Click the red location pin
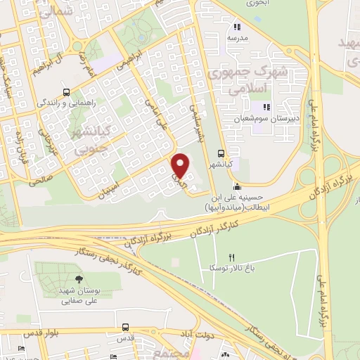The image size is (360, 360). coord(181,165)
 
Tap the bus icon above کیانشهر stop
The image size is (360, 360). coord(221,153)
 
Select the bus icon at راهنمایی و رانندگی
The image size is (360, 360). coord(66,92)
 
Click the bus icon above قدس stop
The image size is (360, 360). coord(125,327)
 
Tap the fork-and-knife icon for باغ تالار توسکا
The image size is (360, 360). coord(231,257)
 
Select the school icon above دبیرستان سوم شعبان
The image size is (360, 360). coord(266,108)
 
